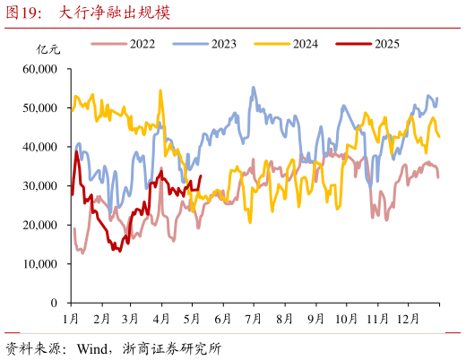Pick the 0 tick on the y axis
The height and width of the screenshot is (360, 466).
[x=56, y=304]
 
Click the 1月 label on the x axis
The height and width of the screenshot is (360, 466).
[x=72, y=318]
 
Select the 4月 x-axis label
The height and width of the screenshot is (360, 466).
[x=161, y=318]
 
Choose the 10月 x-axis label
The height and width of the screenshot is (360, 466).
[x=345, y=318]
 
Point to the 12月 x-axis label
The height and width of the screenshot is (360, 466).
[x=408, y=318]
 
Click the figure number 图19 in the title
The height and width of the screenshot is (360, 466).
[x=23, y=13]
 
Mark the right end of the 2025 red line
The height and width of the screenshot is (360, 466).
[x=200, y=176]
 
